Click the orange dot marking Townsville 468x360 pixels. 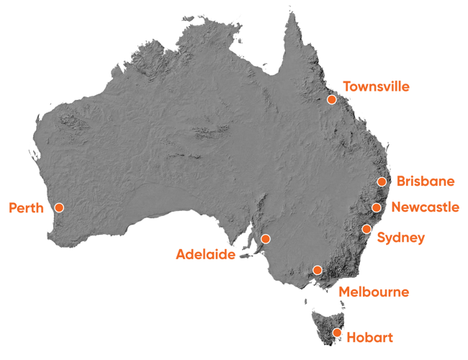click(x=332, y=99)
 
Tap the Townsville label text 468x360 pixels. click(x=376, y=86)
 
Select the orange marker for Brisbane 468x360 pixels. click(x=382, y=181)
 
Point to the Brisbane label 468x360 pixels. click(x=426, y=180)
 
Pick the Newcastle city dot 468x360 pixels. click(x=376, y=207)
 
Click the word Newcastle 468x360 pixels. click(x=426, y=207)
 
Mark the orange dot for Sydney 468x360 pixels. click(x=366, y=229)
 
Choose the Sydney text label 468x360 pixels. click(x=400, y=238)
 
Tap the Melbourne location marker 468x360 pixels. click(x=317, y=270)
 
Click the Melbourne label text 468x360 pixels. click(x=374, y=292)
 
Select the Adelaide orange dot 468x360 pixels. click(x=265, y=238)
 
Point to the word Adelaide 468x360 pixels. click(x=205, y=253)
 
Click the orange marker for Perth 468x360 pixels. click(x=59, y=207)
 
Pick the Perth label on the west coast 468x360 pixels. click(x=27, y=208)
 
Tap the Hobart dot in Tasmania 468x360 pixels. click(x=336, y=332)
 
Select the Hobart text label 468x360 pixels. click(x=369, y=336)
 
